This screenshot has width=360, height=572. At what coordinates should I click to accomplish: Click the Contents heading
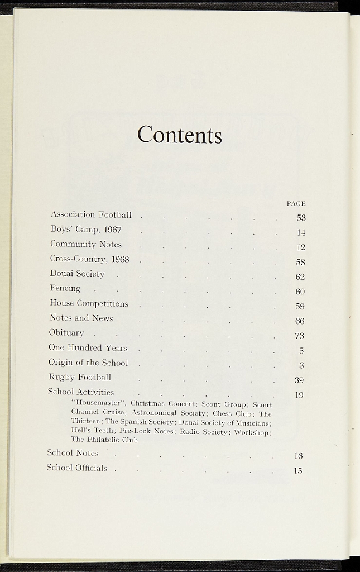tap(180, 135)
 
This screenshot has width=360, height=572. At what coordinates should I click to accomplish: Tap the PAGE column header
tap(296, 204)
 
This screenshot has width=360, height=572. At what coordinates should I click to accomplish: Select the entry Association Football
tap(91, 214)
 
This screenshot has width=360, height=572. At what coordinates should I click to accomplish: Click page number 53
tap(301, 218)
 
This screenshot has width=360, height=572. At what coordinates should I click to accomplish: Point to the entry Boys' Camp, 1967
tap(85, 230)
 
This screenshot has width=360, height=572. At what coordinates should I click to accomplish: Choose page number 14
tap(301, 233)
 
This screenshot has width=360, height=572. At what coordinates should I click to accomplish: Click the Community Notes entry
tap(85, 244)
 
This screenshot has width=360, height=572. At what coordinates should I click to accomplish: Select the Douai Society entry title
tap(77, 274)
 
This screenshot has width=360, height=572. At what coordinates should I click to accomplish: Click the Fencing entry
tap(65, 288)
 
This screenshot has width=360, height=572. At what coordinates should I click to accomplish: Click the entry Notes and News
tap(81, 318)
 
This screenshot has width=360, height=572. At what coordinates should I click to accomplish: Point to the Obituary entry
tap(66, 332)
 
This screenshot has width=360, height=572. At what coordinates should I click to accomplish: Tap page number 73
tap(299, 336)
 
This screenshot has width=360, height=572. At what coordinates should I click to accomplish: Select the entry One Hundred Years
tap(88, 347)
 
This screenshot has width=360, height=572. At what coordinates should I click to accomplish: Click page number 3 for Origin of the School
tap(301, 366)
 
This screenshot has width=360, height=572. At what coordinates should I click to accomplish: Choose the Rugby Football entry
tap(80, 377)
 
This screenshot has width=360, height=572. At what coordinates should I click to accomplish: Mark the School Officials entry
tap(76, 468)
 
